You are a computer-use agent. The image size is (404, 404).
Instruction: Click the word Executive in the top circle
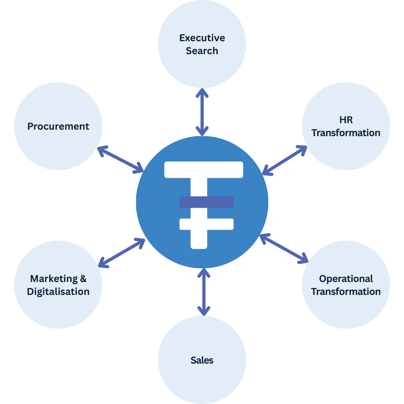click(202, 38)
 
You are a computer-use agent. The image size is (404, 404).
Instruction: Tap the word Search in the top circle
click(202, 51)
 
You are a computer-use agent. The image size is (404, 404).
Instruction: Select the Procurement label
click(58, 126)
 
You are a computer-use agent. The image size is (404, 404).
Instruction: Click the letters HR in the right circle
click(346, 120)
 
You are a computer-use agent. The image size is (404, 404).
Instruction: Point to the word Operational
click(346, 279)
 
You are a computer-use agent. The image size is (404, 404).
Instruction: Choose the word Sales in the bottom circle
click(202, 360)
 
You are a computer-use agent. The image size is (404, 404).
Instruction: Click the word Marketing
click(53, 279)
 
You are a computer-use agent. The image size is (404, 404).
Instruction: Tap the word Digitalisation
click(58, 292)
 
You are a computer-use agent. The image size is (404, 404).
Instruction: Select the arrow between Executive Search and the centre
click(202, 112)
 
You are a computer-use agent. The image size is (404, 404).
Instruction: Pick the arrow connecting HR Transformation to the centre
click(284, 160)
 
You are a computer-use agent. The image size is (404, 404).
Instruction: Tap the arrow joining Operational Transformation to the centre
click(284, 247)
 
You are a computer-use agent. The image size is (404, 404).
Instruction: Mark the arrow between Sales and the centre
click(204, 292)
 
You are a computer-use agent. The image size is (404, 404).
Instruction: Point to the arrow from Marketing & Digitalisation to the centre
click(122, 253)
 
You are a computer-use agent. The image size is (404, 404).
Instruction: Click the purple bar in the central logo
click(206, 202)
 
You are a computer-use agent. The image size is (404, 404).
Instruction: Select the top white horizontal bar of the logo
click(204, 170)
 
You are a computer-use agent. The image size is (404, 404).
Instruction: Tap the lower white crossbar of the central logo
click(206, 224)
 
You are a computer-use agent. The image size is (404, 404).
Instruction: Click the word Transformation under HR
click(346, 133)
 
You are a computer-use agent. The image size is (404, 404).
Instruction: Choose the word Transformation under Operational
click(346, 292)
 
